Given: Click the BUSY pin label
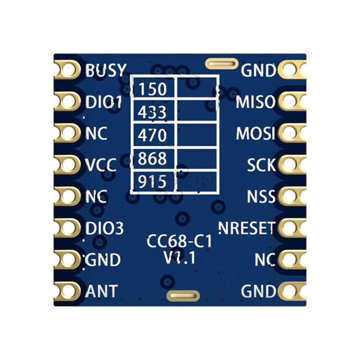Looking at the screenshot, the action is pyautogui.click(x=106, y=70).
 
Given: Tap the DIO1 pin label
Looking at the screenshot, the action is pyautogui.click(x=103, y=102).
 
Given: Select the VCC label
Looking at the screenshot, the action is pyautogui.click(x=100, y=165).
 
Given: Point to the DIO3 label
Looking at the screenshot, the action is pyautogui.click(x=104, y=228).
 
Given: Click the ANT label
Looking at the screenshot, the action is pyautogui.click(x=101, y=291).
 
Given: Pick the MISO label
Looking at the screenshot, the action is pyautogui.click(x=256, y=102).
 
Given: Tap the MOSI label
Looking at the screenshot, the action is pyautogui.click(x=256, y=133).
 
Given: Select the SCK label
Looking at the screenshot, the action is pyautogui.click(x=261, y=165).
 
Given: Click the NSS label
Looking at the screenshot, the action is pyautogui.click(x=261, y=196).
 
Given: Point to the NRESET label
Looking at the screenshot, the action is pyautogui.click(x=247, y=228).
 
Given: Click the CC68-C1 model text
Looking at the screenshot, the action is pyautogui.click(x=179, y=241).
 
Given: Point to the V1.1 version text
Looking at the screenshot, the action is pyautogui.click(x=179, y=257).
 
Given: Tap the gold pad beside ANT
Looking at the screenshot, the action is pyautogui.click(x=67, y=291).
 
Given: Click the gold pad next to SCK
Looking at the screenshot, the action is pyautogui.click(x=292, y=165).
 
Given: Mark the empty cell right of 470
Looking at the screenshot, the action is pyautogui.click(x=197, y=136).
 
